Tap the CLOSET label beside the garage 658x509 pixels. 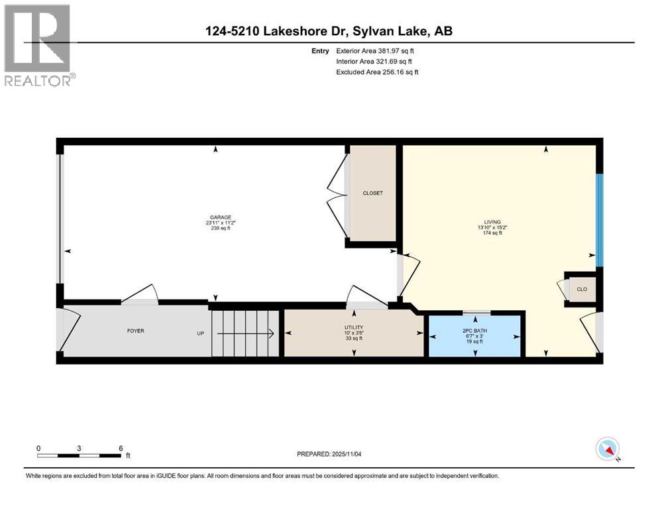[372, 193]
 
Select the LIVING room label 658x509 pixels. [492, 222]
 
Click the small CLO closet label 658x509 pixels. [582, 290]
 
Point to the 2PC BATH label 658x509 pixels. [475, 329]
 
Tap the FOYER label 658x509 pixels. [135, 331]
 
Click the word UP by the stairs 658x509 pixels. [200, 333]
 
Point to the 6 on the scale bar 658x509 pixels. [121, 448]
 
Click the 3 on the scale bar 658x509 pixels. [79, 448]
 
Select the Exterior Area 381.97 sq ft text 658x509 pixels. [376, 50]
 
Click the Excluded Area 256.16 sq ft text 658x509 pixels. [377, 72]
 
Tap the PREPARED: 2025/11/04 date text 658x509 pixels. [330, 454]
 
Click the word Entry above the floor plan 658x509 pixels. [320, 50]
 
